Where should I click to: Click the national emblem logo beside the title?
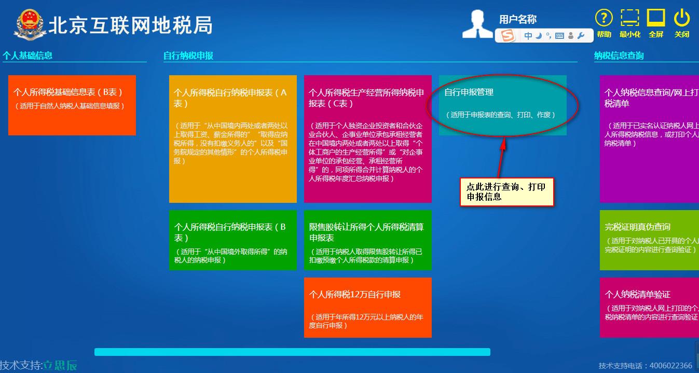coord(30,24)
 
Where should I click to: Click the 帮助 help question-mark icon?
coord(604,19)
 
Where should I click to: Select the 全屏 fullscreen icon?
coord(656,19)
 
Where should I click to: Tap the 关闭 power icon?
coord(681,19)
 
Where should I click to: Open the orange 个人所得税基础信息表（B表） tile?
coord(72,105)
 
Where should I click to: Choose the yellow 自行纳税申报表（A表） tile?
coord(232,139)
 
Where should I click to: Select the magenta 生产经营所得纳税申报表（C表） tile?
coord(367,139)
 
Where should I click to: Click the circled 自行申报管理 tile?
coord(502,105)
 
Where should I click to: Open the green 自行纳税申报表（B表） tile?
coord(232,240)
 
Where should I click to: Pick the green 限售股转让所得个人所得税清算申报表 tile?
coord(367,240)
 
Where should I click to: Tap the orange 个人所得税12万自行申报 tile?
coord(367,307)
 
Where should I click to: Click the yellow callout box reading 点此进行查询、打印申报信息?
coord(506,192)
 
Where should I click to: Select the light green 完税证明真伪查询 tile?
coord(649,240)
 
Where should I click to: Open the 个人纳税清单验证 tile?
coord(649,307)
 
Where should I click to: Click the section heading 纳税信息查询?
coord(619,56)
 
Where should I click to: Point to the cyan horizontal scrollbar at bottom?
coord(292,352)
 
